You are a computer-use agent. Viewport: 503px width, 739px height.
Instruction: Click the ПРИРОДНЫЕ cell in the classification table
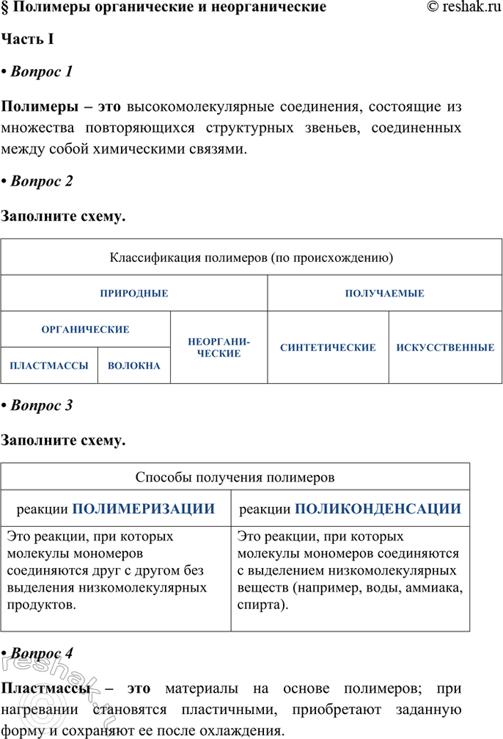(x=134, y=294)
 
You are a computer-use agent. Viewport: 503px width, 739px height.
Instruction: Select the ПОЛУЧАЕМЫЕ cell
(x=385, y=294)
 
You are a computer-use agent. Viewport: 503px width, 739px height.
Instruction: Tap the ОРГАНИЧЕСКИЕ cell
(x=86, y=330)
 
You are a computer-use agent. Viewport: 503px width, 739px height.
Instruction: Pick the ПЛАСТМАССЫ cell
(x=49, y=365)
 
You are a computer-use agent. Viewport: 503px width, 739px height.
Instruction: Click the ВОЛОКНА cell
(x=134, y=365)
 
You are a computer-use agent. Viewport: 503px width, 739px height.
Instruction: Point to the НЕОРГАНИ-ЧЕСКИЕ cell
(x=219, y=348)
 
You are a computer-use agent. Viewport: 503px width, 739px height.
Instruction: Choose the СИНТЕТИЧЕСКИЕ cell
(x=328, y=348)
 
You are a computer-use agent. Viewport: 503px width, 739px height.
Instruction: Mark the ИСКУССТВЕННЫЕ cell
(x=445, y=348)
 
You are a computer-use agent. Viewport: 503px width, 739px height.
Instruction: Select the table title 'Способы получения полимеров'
(x=235, y=477)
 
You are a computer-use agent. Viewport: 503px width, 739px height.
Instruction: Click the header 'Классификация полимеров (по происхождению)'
(x=251, y=258)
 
